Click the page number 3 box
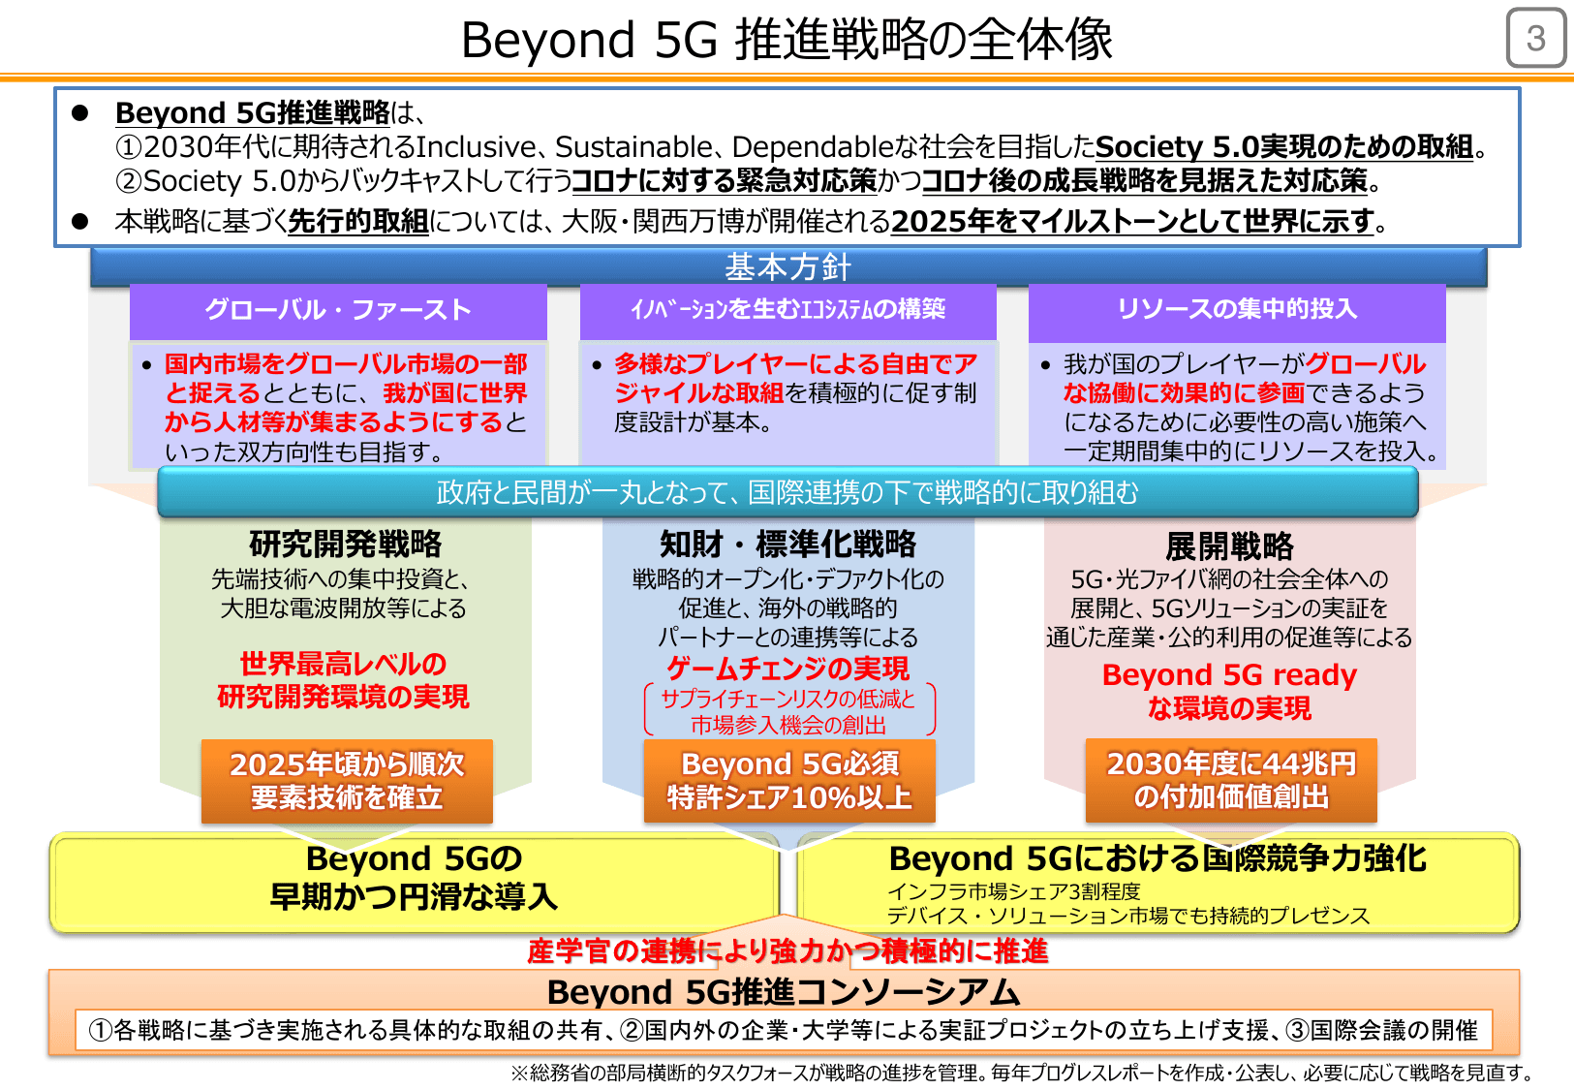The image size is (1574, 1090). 1535,39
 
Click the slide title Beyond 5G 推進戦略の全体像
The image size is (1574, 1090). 787,41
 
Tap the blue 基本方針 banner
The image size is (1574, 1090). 787,266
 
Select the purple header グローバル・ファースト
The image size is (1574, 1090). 338,310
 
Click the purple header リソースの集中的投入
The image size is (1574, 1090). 1237,309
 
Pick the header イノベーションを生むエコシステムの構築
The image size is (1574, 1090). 787,309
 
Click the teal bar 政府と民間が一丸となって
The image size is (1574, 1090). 787,492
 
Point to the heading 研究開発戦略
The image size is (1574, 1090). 345,545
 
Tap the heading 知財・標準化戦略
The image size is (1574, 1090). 787,545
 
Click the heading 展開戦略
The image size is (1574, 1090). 1229,546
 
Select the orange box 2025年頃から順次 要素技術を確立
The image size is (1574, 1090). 347,781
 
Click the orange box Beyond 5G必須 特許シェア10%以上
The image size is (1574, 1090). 789,781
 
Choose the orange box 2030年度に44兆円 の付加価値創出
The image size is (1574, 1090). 1231,780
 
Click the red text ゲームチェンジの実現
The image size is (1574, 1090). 787,669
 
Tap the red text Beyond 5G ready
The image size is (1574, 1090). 1229,674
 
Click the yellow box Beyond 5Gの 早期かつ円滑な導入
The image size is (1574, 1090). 414,878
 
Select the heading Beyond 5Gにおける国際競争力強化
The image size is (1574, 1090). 1157,858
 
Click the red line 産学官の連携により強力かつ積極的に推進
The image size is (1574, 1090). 787,951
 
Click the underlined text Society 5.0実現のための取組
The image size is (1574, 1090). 1284,147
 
